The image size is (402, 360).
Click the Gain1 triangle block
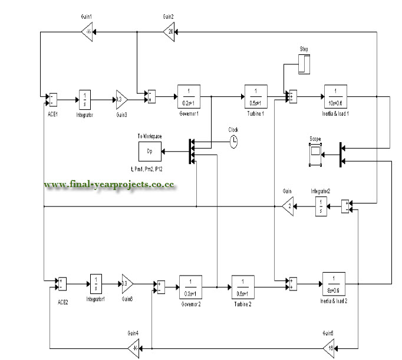pos(87,32)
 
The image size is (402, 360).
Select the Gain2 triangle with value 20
pos(169,32)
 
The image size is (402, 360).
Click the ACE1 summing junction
pos(52,99)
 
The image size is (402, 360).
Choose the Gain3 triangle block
pos(121,99)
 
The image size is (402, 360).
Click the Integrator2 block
pos(319,206)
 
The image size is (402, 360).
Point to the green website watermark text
pos(110,184)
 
